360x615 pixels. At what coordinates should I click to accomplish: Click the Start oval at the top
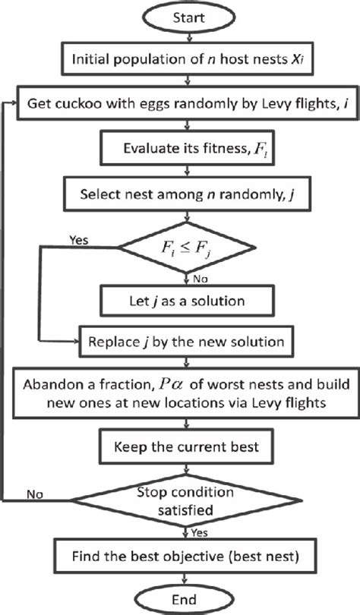click(x=180, y=16)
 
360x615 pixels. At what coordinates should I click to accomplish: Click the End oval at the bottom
click(x=180, y=598)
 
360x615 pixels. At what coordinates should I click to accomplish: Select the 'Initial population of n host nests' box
click(x=180, y=58)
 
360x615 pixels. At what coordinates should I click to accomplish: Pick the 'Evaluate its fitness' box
click(x=180, y=149)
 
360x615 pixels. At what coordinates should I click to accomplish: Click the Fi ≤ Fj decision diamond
click(x=180, y=246)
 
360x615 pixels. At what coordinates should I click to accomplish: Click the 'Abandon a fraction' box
click(x=180, y=392)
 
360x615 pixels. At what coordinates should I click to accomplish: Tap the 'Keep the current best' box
click(x=180, y=446)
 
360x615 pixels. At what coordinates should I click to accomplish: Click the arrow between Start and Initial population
click(x=180, y=37)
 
